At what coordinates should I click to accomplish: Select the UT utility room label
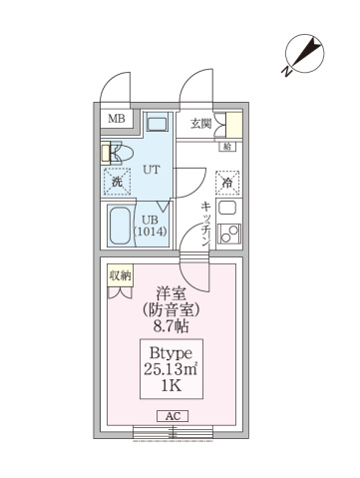pyautogui.click(x=153, y=170)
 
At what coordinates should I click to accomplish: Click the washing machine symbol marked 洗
pyautogui.click(x=117, y=182)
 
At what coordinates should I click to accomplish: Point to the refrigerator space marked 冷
pyautogui.click(x=228, y=183)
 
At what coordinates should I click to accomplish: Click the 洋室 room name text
pyautogui.click(x=173, y=294)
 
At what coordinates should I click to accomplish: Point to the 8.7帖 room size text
pyautogui.click(x=173, y=326)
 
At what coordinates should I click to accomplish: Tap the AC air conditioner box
pyautogui.click(x=171, y=416)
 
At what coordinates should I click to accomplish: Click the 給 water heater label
pyautogui.click(x=227, y=147)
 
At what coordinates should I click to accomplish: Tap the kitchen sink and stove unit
pyautogui.click(x=228, y=222)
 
